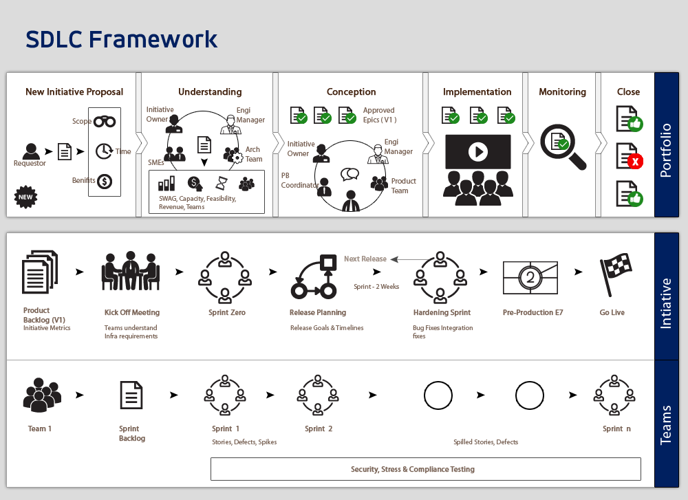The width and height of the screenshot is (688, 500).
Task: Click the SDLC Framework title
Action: (122, 39)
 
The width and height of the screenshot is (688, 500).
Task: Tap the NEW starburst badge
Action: (26, 197)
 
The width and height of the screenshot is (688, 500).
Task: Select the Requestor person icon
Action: (30, 150)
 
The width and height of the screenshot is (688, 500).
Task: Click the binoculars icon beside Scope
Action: (105, 122)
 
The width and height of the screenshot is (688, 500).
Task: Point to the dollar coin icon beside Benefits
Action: (105, 182)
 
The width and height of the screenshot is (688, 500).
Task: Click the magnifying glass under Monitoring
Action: (562, 146)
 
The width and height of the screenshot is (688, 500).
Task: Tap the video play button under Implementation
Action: (478, 151)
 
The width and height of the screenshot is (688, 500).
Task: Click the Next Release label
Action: (365, 259)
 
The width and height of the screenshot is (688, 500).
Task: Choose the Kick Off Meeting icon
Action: (131, 276)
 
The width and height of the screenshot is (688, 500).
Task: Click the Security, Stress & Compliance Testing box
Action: (425, 469)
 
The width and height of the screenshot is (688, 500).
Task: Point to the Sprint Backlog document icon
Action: (131, 395)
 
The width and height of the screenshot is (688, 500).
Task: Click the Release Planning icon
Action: (317, 277)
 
